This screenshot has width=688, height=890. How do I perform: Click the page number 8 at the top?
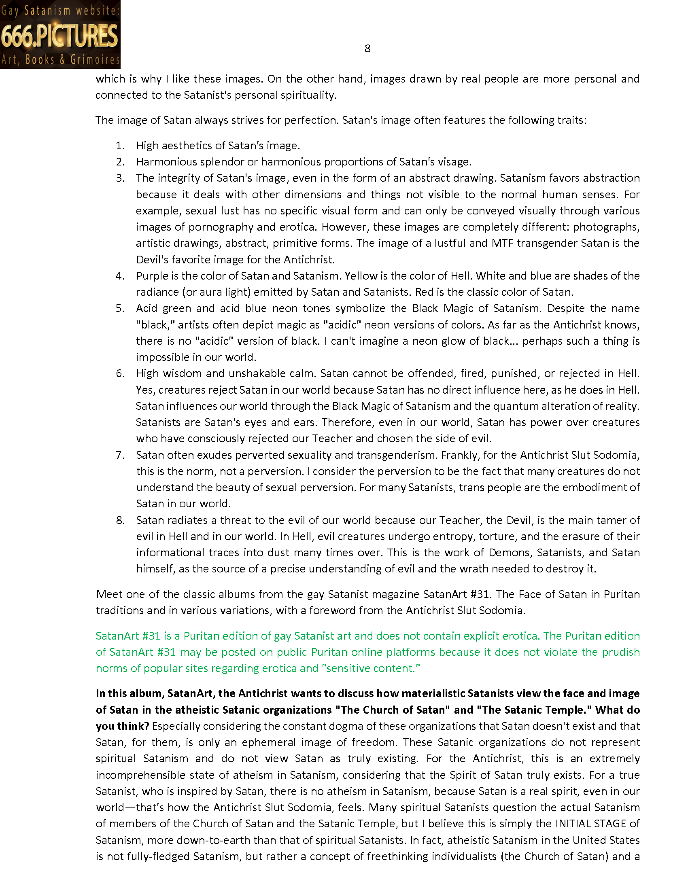point(367,49)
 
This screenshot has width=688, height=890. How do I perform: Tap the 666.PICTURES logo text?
point(59,36)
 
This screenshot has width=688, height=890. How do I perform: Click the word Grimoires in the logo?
point(95,60)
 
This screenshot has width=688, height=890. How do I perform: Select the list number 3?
point(120,178)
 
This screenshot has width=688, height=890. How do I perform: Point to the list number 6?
point(120,373)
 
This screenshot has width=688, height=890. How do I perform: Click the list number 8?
point(120,520)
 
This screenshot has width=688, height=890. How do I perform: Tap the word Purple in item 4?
point(152,276)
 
